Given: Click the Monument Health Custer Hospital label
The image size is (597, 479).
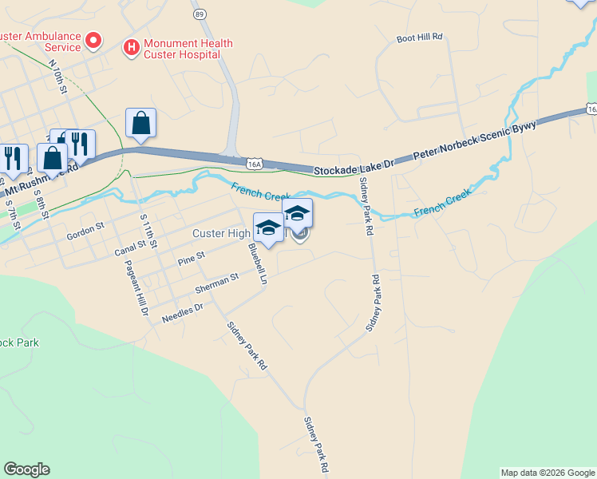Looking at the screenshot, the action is coord(187,49).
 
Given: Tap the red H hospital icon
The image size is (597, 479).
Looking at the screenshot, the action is coord(129,49).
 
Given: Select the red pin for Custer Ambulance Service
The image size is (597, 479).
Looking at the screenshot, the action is coord(93,39).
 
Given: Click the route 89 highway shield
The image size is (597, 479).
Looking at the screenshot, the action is coord(199,14).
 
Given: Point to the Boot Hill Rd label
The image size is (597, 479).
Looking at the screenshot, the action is coord(419,38).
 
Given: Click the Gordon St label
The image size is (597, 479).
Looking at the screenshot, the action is coord(85,228).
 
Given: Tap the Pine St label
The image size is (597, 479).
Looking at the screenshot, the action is coord(192,258).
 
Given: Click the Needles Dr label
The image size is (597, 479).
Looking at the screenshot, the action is coord(183,312).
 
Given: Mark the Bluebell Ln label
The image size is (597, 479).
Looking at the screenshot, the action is coord(256,264).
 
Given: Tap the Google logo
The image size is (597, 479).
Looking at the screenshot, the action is coord(26,469).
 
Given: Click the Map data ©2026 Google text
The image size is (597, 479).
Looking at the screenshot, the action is coord(547,473).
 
